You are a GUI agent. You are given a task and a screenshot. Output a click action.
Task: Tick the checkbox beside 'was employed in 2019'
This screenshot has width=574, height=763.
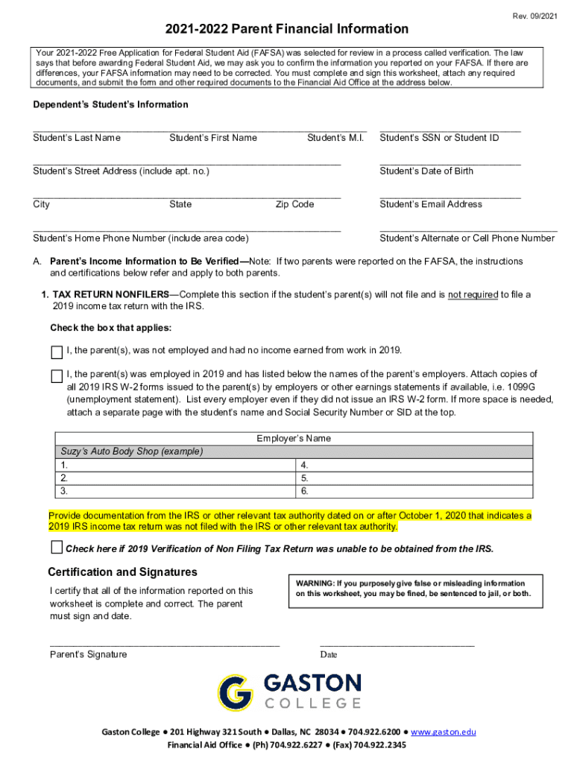pos(57,376)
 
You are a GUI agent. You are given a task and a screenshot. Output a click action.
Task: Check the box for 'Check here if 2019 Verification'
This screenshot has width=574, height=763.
pos(57,548)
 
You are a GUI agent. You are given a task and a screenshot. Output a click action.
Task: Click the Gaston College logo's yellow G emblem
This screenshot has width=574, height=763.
pos(235,692)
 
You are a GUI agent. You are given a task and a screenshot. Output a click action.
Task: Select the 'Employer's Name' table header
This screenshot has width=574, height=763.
pos(294,438)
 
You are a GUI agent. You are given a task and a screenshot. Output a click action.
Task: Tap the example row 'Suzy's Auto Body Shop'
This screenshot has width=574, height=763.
pos(131,452)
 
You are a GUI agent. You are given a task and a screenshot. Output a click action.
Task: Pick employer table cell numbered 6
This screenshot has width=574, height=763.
pos(414,491)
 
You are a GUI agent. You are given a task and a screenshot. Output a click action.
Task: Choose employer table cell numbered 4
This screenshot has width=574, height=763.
pos(414,465)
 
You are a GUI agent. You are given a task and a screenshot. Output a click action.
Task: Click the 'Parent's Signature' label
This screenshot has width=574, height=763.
pos(88,654)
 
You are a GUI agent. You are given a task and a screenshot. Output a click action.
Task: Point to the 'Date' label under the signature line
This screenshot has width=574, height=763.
pos(329,655)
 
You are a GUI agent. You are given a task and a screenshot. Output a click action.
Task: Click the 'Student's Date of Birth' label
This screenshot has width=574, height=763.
pos(426,171)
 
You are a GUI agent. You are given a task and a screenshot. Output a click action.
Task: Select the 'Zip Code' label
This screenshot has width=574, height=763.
pos(294,204)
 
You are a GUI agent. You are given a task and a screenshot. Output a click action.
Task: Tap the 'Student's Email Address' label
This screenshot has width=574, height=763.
pos(431,204)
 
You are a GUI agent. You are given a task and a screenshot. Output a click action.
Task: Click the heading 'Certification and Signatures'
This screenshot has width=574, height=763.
pos(122,572)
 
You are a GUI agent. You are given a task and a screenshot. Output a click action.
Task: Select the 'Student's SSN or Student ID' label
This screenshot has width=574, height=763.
pos(439,137)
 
